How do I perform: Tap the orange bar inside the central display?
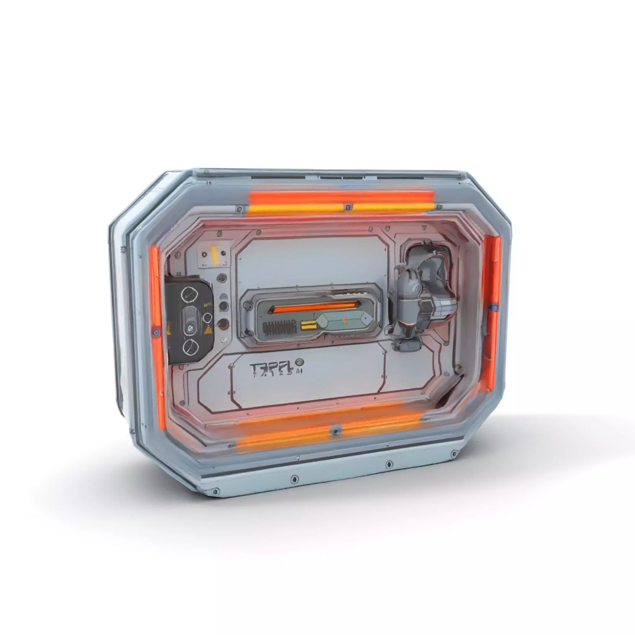coord(312,308)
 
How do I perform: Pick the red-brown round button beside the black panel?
coord(224,323)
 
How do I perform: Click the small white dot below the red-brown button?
coord(224,340)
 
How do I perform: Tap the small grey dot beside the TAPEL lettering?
coord(300,362)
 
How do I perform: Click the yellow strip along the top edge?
coord(342,207)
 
